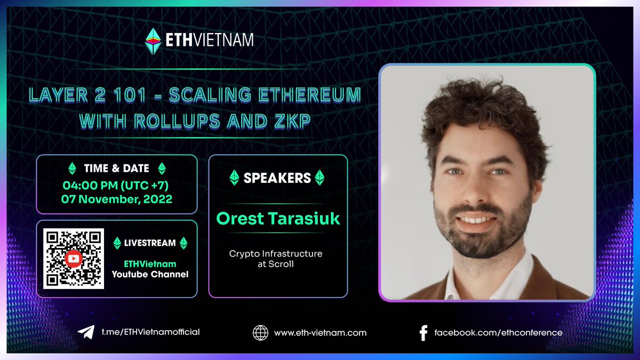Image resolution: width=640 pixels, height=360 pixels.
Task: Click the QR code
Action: coord(73,259)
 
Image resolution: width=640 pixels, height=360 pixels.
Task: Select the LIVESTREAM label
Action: coord(150,243)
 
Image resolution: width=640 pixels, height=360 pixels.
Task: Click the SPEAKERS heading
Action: coord(277,178)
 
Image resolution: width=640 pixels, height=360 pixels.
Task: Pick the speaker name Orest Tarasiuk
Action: coord(278,219)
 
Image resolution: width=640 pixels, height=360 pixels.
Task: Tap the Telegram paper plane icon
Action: coord(86,332)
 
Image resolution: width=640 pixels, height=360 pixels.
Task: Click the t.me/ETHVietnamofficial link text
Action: coord(150,332)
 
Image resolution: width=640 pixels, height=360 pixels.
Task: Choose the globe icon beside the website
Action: coord(260,332)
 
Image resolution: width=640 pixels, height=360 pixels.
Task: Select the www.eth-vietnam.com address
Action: coord(320,332)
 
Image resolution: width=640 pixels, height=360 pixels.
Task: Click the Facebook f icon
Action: coord(423,333)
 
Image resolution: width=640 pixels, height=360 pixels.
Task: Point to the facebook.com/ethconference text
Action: coord(498,332)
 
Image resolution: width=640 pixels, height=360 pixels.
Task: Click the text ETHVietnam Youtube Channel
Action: coord(150,269)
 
